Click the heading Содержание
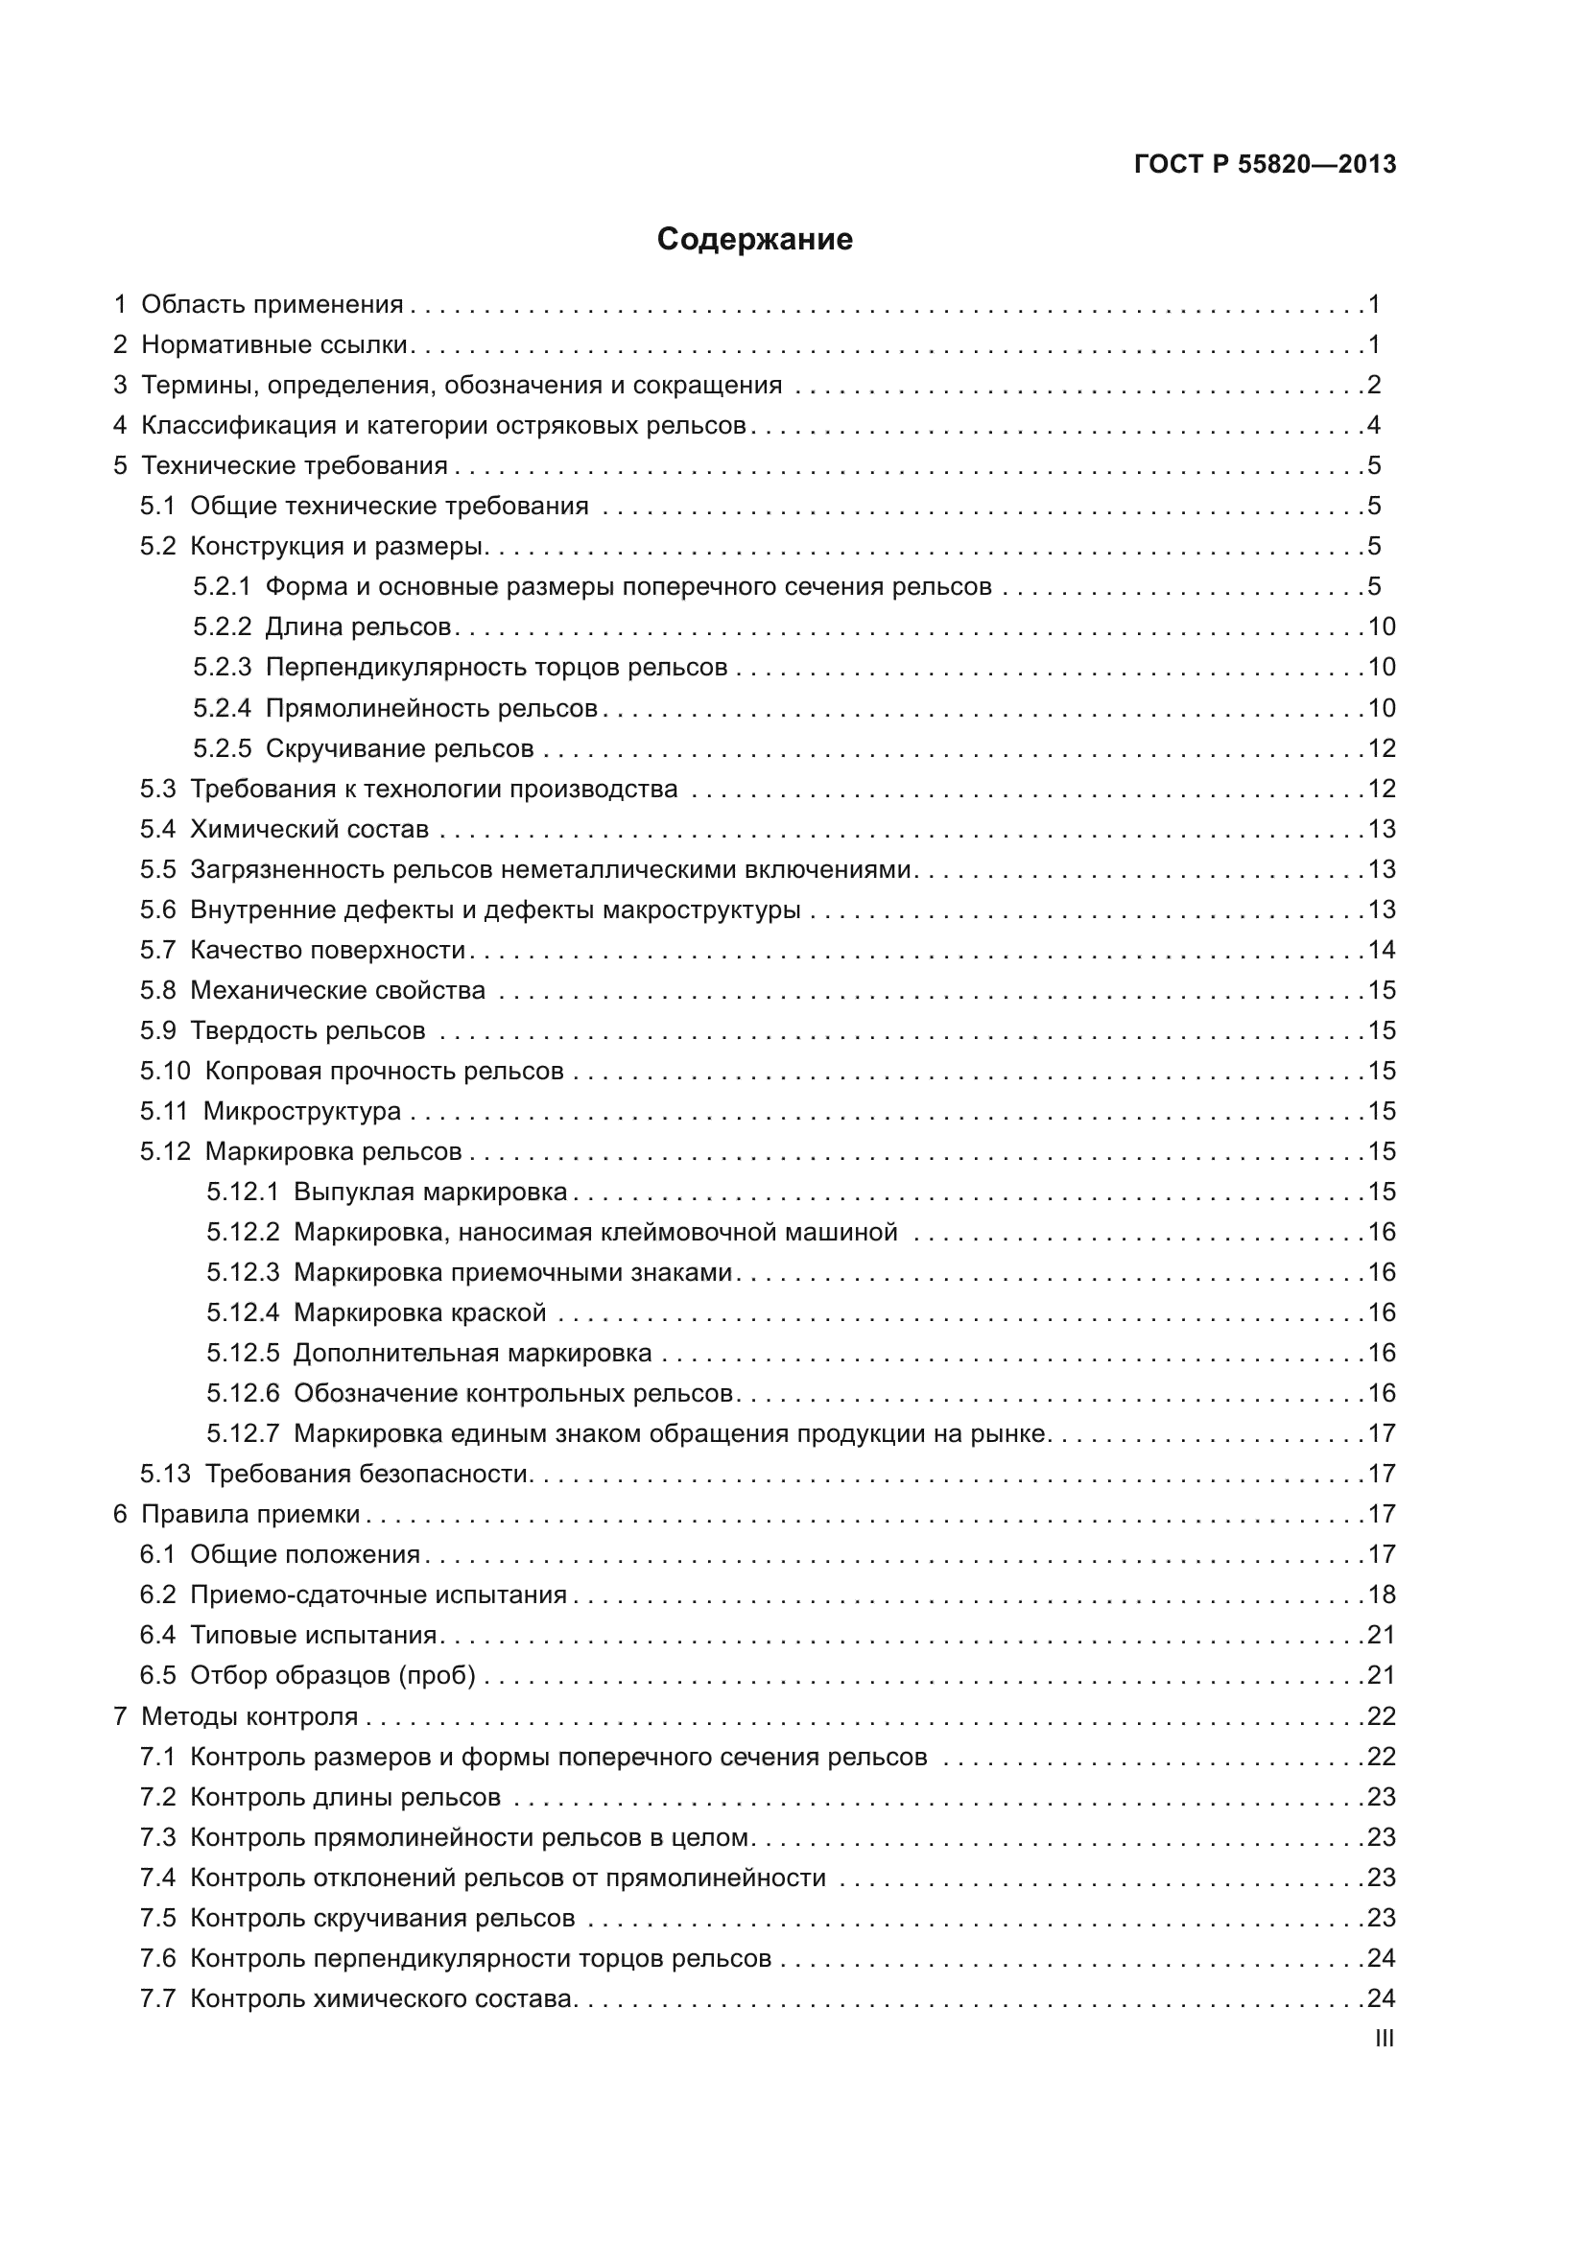click(754, 240)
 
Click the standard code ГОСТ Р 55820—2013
click(1265, 164)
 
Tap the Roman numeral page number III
click(1384, 2039)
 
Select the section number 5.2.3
click(222, 668)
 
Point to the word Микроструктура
click(302, 1111)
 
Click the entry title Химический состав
click(309, 830)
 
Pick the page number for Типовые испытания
click(1381, 1635)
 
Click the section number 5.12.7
click(243, 1433)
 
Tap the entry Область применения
click(272, 305)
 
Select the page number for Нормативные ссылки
click(1374, 345)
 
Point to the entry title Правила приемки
click(250, 1515)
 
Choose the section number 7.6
click(157, 1959)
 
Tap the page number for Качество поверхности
click(1381, 950)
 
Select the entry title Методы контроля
click(249, 1717)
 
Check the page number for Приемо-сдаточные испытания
click(1381, 1595)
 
